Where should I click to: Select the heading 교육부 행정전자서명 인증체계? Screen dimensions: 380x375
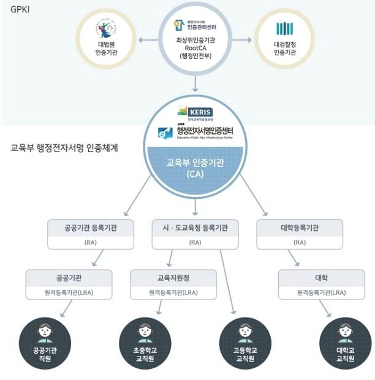tap(64, 149)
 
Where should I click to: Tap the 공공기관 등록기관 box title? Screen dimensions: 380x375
tap(91, 227)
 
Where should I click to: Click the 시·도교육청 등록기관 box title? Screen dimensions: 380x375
tap(194, 227)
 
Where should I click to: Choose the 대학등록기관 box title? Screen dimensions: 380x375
tap(300, 227)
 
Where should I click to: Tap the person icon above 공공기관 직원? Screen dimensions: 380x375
tap(44, 333)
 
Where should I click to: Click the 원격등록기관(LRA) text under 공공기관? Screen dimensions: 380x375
tap(69, 293)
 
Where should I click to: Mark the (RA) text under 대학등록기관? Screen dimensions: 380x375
tap(300, 242)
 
